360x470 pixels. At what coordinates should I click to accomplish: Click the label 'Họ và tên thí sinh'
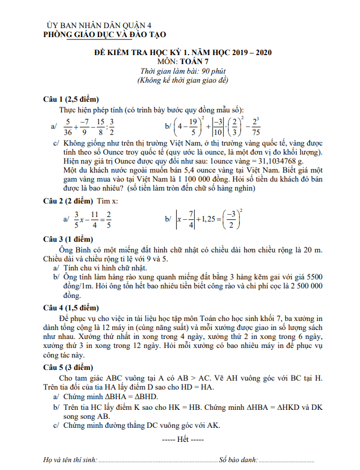pyautogui.click(x=71, y=460)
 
